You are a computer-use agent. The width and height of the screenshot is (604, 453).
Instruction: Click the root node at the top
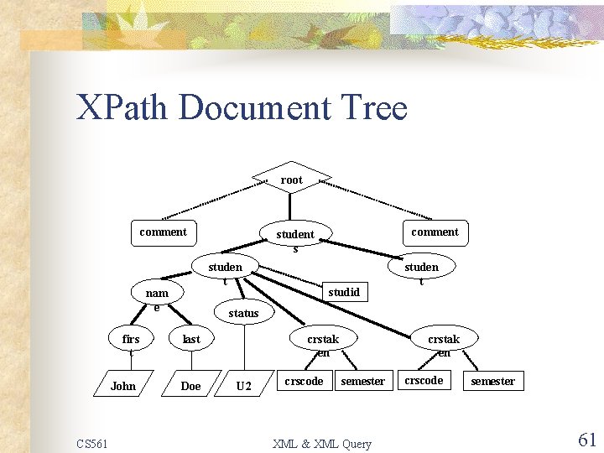coord(292,179)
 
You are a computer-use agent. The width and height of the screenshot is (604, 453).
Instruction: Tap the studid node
coord(344,292)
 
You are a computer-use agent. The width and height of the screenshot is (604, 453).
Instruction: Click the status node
coord(243,313)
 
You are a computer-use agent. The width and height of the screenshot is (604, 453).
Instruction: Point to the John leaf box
coord(123,386)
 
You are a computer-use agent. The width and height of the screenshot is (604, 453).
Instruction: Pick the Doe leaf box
coord(190,386)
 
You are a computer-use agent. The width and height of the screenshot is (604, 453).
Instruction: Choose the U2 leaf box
coord(244,386)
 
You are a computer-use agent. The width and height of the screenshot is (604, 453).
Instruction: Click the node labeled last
coord(191,339)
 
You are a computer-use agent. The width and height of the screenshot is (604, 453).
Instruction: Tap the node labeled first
coord(131,340)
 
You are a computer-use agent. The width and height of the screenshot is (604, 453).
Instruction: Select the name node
coord(157,294)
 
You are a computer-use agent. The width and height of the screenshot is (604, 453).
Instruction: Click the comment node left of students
coord(163,232)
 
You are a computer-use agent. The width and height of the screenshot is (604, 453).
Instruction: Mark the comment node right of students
coord(435,232)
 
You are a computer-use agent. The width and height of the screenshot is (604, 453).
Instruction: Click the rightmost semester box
coord(492,381)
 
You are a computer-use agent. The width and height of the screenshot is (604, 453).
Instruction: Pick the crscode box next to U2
coord(304,381)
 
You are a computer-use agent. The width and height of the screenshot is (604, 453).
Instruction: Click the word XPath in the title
coord(124,108)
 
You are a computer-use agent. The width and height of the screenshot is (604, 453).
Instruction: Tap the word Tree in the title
coord(375,108)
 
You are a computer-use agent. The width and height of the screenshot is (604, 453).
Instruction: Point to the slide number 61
coord(586,439)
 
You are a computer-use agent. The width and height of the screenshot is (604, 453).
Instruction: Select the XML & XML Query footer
coord(322,444)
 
